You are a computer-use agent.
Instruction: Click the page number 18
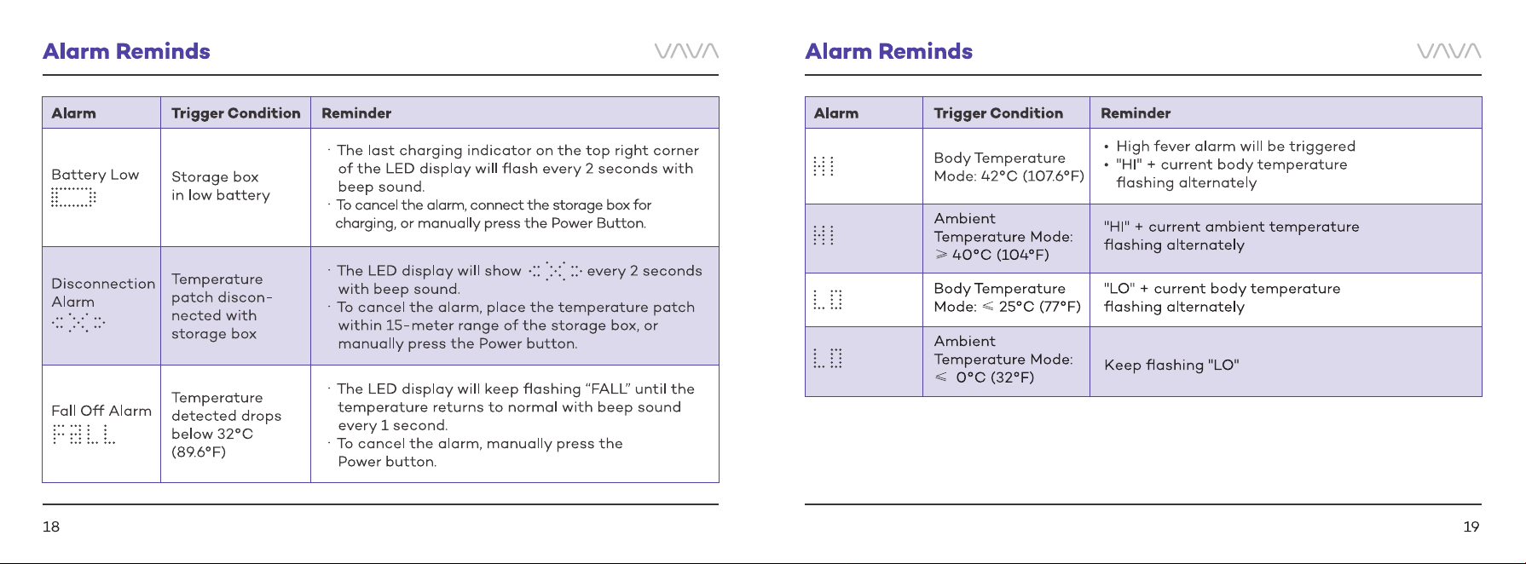51,527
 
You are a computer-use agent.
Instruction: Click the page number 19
1471,527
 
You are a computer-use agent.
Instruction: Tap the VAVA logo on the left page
686,51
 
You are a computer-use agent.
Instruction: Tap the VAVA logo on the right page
1449,51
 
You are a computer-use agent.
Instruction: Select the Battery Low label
95,175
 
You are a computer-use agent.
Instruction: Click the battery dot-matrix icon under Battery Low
73,198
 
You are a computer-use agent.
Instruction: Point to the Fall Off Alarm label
101,411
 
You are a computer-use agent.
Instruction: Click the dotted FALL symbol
84,435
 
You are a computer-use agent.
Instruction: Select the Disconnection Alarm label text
103,292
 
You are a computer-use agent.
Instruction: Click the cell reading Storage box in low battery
221,186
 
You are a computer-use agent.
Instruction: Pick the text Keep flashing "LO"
1171,365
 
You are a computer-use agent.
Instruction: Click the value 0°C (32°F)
995,377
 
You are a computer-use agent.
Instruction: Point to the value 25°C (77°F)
1039,307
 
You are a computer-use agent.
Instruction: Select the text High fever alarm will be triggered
1235,147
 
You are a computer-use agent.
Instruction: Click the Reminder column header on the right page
1136,113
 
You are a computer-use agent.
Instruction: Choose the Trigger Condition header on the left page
236,113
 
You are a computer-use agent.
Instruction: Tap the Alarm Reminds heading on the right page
889,51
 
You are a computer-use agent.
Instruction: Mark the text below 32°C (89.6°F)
212,443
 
